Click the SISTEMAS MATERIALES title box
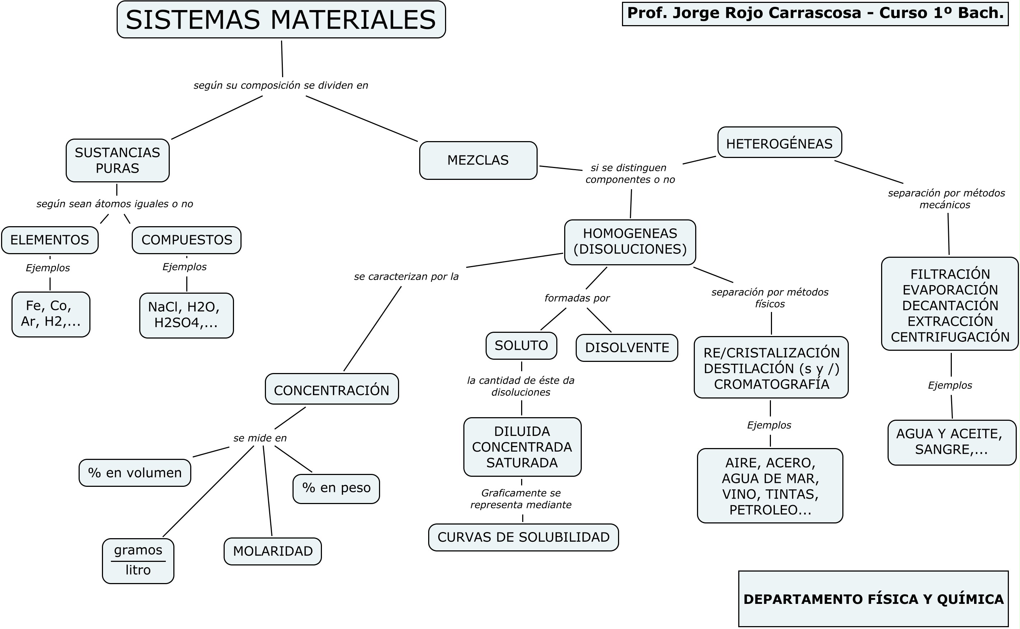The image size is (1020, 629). pos(281,19)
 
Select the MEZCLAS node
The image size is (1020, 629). pos(478,160)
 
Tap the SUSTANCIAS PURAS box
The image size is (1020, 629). pos(117,160)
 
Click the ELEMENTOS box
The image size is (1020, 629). pos(50,240)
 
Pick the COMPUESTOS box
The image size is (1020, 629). pos(186,240)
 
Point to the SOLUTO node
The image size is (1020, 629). pos(521,345)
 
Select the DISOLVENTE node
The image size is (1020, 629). pos(627,348)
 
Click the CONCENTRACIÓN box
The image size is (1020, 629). pos(331,390)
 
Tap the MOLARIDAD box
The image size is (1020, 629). pos(272,551)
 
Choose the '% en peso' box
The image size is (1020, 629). pos(336,488)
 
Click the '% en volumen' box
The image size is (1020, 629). pos(135,472)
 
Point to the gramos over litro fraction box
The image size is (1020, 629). pos(138,560)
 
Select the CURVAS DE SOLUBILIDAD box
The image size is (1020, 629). pos(523,537)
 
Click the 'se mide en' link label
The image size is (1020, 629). pos(260,438)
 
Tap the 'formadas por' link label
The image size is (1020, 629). pos(577,298)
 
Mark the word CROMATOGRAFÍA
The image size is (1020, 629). pos(771,384)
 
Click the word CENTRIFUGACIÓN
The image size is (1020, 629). pos(950,337)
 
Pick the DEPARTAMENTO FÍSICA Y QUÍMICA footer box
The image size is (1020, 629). pos(873,599)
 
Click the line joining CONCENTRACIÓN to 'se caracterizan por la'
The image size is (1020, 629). pos(372,329)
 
